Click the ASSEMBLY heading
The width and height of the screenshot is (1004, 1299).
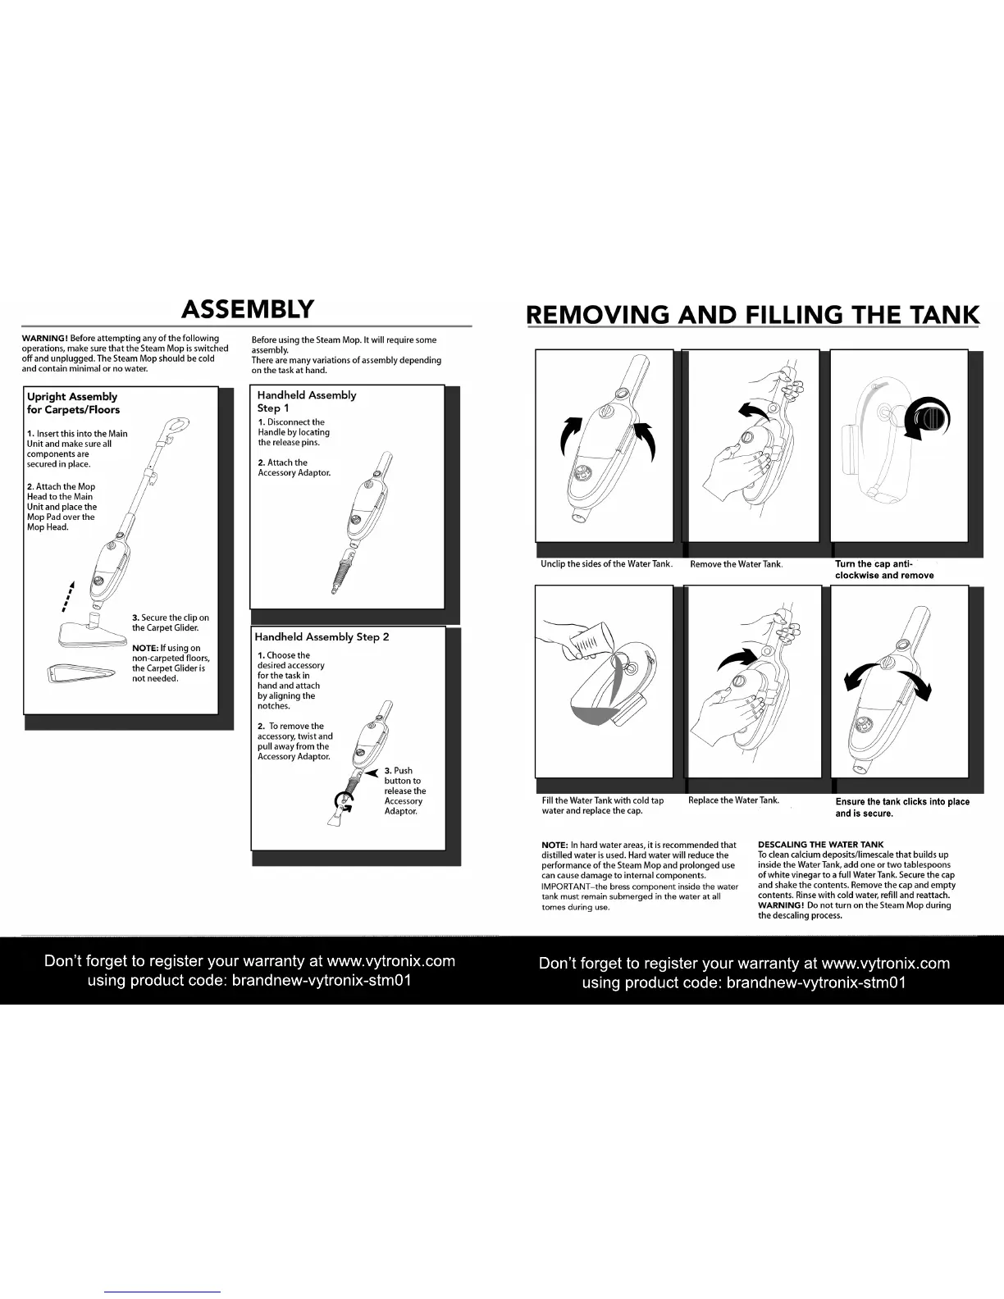pyautogui.click(x=247, y=309)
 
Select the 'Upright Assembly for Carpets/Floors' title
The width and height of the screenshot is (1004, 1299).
pyautogui.click(x=73, y=403)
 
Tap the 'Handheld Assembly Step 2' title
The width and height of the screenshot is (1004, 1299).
pyautogui.click(x=322, y=636)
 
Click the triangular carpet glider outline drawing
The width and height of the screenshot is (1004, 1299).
pyautogui.click(x=78, y=674)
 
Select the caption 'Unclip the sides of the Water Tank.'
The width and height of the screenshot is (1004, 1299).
pyautogui.click(x=606, y=564)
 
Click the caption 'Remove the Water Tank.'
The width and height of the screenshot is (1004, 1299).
pyautogui.click(x=736, y=564)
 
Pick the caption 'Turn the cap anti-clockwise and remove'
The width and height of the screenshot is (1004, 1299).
pyautogui.click(x=883, y=569)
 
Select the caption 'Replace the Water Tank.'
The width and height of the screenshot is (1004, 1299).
pyautogui.click(x=733, y=800)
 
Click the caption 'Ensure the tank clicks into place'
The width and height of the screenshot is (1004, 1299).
pyautogui.click(x=901, y=802)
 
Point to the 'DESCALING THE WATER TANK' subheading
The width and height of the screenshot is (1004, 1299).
pyautogui.click(x=820, y=844)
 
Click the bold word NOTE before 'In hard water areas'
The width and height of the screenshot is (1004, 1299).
pyautogui.click(x=554, y=845)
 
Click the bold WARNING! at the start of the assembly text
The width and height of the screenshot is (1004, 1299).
pyautogui.click(x=45, y=338)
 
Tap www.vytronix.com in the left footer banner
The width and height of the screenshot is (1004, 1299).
pyautogui.click(x=390, y=961)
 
